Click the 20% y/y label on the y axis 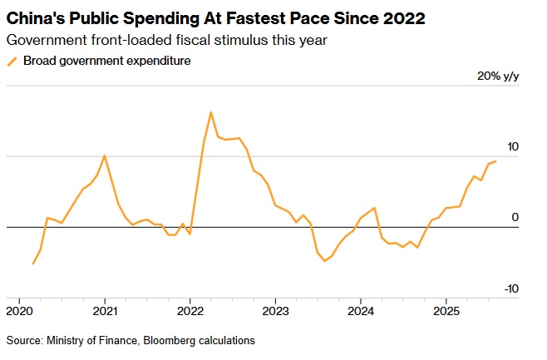pyautogui.click(x=498, y=76)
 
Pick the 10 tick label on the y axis pyautogui.click(x=512, y=147)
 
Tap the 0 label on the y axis pyautogui.click(x=515, y=218)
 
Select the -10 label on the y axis pyautogui.click(x=511, y=288)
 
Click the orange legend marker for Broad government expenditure pyautogui.click(x=12, y=61)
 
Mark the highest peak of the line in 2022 pyautogui.click(x=210, y=111)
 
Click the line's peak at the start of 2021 pyautogui.click(x=104, y=155)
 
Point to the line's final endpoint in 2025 pyautogui.click(x=495, y=161)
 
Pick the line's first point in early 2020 pyautogui.click(x=33, y=264)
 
